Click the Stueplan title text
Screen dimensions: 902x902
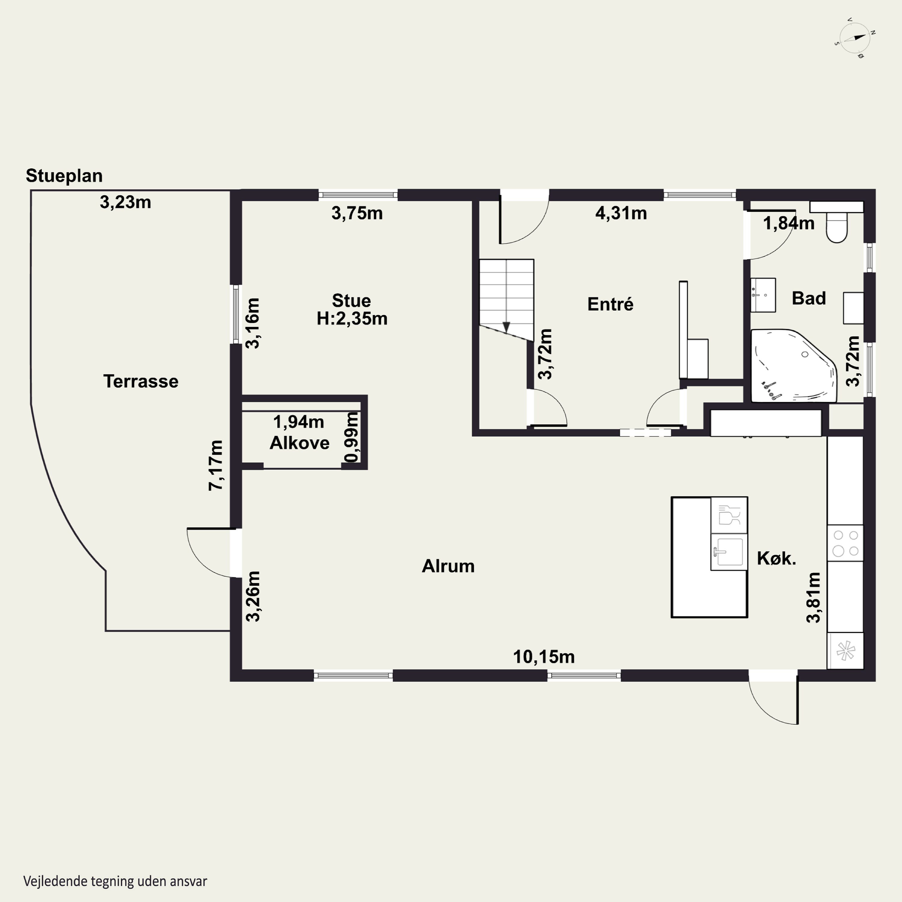[64, 176]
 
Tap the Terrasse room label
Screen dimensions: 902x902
[140, 382]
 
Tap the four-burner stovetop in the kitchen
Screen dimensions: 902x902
[845, 543]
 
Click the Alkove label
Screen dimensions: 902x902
[300, 443]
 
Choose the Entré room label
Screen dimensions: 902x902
[610, 304]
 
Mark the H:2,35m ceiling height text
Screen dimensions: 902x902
[352, 318]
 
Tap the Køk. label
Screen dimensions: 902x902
[776, 558]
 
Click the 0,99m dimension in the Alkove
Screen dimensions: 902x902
[351, 437]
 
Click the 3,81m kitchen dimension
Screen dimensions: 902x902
[813, 598]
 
